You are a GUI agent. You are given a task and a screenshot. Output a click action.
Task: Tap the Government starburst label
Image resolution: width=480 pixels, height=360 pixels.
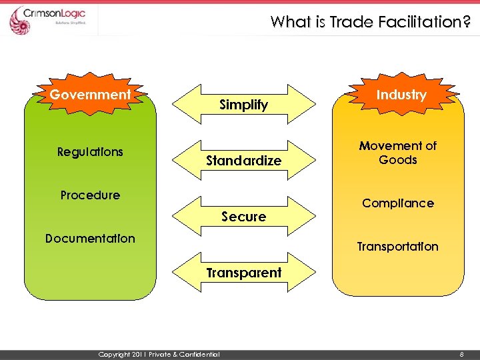tap(91, 95)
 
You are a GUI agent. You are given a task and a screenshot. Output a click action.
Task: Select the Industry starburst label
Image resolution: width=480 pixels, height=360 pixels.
tap(401, 95)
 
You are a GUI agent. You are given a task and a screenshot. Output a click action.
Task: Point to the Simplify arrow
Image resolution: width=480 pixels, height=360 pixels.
tap(244, 104)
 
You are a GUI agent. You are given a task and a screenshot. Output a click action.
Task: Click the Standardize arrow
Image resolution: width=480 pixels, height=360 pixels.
tap(244, 161)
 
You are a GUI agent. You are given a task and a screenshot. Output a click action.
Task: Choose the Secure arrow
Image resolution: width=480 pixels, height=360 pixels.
tap(244, 216)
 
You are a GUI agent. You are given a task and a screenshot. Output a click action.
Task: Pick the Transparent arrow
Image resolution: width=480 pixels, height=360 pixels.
tap(244, 272)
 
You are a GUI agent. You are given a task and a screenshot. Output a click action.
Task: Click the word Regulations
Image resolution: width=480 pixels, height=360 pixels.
tap(90, 152)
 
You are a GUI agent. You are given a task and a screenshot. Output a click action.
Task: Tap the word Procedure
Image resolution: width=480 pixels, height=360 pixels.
tap(90, 195)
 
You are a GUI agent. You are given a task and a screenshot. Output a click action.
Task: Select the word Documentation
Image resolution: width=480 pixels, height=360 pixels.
tap(90, 239)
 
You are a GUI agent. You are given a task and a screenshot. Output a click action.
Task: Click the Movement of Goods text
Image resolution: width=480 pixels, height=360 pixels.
tap(398, 153)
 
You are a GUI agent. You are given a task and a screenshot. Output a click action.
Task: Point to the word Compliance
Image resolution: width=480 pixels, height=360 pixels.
tap(398, 203)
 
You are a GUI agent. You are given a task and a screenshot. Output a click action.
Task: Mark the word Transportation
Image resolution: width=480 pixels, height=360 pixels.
tap(398, 247)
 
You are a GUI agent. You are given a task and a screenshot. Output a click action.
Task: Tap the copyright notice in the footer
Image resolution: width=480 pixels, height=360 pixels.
tap(159, 354)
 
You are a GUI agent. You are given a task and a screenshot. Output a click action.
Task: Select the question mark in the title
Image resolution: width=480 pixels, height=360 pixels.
tap(467, 22)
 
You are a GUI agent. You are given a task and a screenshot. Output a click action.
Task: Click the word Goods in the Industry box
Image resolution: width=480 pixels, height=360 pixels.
tap(398, 160)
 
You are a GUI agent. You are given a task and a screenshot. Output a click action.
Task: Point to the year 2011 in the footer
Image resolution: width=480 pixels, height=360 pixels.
tap(138, 354)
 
